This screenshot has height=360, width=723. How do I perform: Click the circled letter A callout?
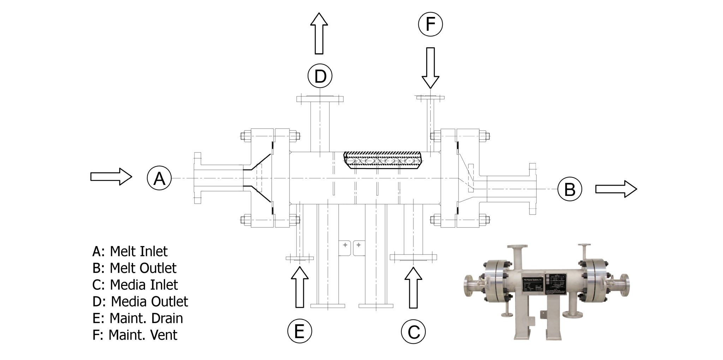[x=159, y=179]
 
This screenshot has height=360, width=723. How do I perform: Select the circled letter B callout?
[x=569, y=189]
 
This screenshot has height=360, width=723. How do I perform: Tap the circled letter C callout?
[x=413, y=331]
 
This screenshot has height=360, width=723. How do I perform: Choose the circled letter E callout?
[x=299, y=331]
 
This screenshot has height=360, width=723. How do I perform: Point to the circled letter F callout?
[x=430, y=24]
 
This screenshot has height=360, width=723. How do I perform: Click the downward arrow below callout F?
[x=430, y=67]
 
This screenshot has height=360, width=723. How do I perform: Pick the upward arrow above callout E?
[x=300, y=287]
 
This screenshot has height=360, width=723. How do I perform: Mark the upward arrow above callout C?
[x=413, y=288]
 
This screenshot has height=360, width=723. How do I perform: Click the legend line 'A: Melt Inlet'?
[x=130, y=251]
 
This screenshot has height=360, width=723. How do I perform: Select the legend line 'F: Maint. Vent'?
[x=135, y=335]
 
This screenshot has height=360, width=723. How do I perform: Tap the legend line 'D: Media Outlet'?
[x=140, y=301]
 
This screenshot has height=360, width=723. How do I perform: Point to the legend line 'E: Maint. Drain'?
[x=138, y=318]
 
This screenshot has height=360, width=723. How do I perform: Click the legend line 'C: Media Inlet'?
[x=135, y=284]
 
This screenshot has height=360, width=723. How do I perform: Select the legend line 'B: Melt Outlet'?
[x=134, y=268]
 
